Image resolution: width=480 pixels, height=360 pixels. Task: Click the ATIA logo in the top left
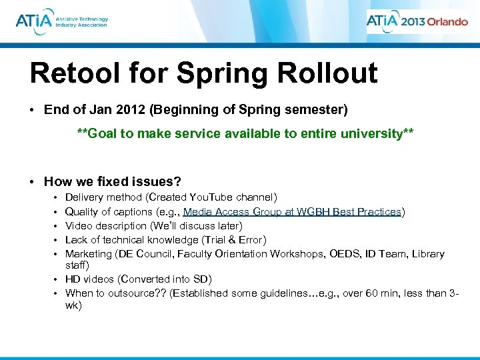[x=61, y=21]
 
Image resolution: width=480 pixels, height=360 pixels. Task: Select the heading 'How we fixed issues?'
[x=112, y=181]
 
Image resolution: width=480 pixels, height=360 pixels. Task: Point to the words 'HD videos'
[x=89, y=279]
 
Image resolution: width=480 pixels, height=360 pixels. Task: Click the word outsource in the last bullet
[x=129, y=293]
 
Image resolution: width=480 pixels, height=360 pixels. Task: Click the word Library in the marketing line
[x=428, y=253]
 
